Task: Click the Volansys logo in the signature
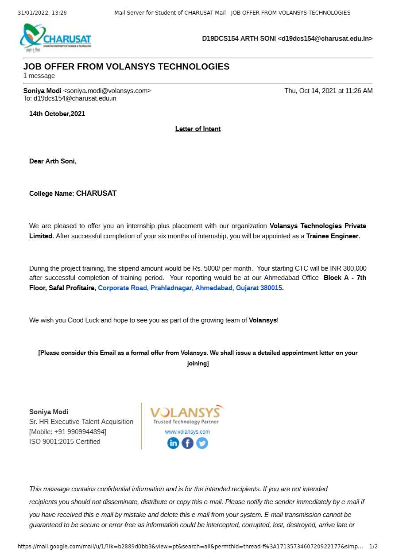186,415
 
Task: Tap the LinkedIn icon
173,443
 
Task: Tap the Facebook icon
188,443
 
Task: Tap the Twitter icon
202,443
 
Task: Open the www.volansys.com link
187,432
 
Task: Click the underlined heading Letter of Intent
198,129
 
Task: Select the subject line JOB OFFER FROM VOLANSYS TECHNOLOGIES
126,67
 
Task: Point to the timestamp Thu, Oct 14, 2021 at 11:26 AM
328,91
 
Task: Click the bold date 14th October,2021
57,114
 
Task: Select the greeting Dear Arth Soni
53,161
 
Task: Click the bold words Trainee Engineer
332,236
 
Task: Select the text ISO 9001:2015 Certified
65,442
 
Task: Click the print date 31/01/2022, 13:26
42,13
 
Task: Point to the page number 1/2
373,547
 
